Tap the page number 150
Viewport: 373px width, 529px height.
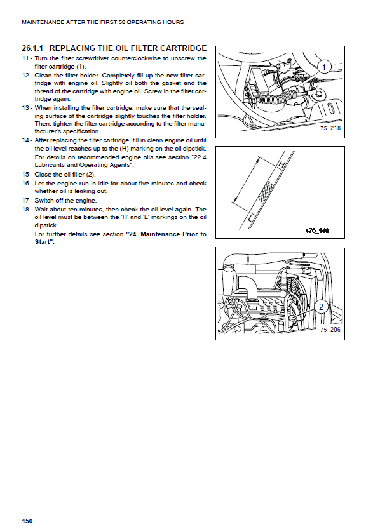(27, 521)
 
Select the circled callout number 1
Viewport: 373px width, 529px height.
(324, 67)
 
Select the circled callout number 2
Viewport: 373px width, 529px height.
(321, 307)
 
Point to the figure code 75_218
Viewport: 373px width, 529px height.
(330, 128)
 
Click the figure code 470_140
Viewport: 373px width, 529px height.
(317, 231)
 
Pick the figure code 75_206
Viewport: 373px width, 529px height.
(330, 330)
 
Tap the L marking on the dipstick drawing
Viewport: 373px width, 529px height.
(250, 218)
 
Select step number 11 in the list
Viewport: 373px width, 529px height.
(25, 58)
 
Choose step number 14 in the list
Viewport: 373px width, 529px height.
(25, 140)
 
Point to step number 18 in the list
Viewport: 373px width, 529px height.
(25, 210)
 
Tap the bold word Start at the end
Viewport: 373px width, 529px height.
(43, 242)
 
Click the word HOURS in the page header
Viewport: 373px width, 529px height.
(173, 22)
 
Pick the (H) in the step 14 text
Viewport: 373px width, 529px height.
(124, 149)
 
